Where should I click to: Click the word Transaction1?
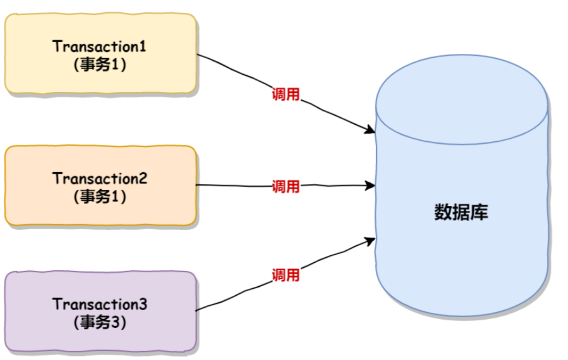pyautogui.click(x=100, y=47)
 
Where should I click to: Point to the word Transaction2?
pyautogui.click(x=100, y=179)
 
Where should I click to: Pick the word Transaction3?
pyautogui.click(x=100, y=304)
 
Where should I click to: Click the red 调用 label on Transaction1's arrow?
pyautogui.click(x=285, y=94)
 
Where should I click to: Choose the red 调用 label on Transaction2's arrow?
pyautogui.click(x=285, y=186)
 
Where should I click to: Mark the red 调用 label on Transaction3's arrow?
pyautogui.click(x=285, y=274)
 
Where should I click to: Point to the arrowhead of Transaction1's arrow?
pyautogui.click(x=370, y=129)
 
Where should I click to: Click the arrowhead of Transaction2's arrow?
pyautogui.click(x=370, y=185)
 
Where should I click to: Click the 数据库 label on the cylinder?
pyautogui.click(x=461, y=213)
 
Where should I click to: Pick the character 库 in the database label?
pyautogui.click(x=480, y=213)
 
